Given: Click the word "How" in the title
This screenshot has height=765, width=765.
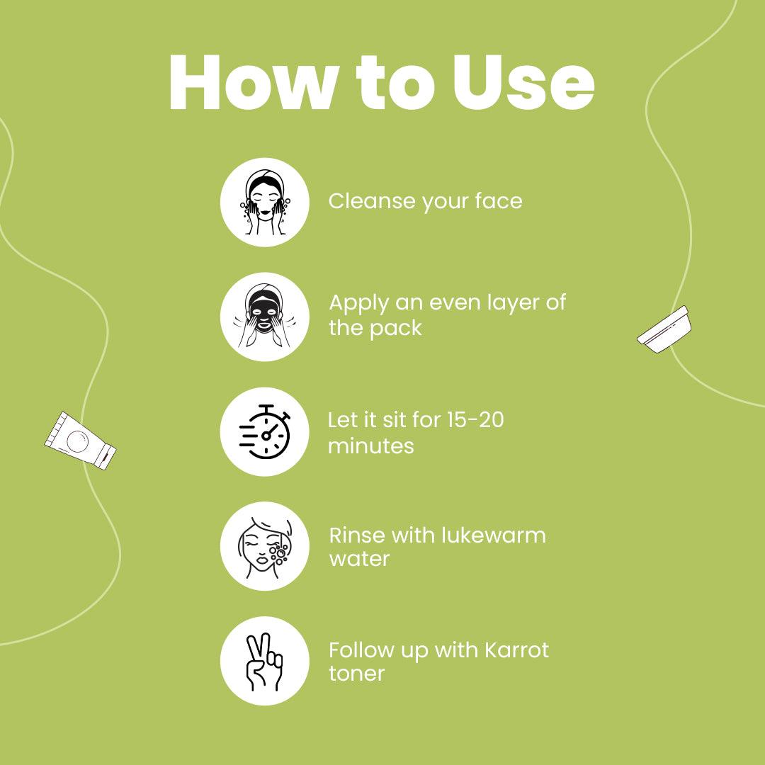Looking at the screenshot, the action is pyautogui.click(x=254, y=83).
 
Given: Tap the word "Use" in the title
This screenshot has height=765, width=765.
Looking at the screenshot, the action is pyautogui.click(x=523, y=83).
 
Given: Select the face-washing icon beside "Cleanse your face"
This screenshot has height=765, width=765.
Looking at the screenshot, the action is pyautogui.click(x=264, y=202).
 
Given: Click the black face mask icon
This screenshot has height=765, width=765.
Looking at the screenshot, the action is pyautogui.click(x=264, y=317).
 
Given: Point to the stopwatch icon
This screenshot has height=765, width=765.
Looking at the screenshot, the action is pyautogui.click(x=265, y=432).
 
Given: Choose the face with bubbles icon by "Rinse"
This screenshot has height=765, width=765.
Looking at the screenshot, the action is pyautogui.click(x=264, y=546).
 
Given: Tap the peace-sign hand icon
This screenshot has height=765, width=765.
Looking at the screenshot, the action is pyautogui.click(x=264, y=662).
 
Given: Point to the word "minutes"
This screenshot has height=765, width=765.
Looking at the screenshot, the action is pyautogui.click(x=370, y=446).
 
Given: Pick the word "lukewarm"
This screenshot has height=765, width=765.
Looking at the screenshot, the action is pyautogui.click(x=493, y=535).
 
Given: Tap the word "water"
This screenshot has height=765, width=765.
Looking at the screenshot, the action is pyautogui.click(x=359, y=559).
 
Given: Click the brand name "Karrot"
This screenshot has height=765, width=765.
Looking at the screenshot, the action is pyautogui.click(x=516, y=650).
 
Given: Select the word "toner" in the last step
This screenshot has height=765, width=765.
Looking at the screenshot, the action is pyautogui.click(x=356, y=674).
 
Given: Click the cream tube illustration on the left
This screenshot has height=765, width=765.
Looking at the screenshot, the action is pyautogui.click(x=80, y=441).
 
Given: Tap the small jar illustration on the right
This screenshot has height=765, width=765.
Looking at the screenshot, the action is pyautogui.click(x=664, y=329).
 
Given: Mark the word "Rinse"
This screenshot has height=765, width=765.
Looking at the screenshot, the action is pyautogui.click(x=358, y=535).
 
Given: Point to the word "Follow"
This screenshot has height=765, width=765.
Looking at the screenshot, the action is pyautogui.click(x=361, y=650).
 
